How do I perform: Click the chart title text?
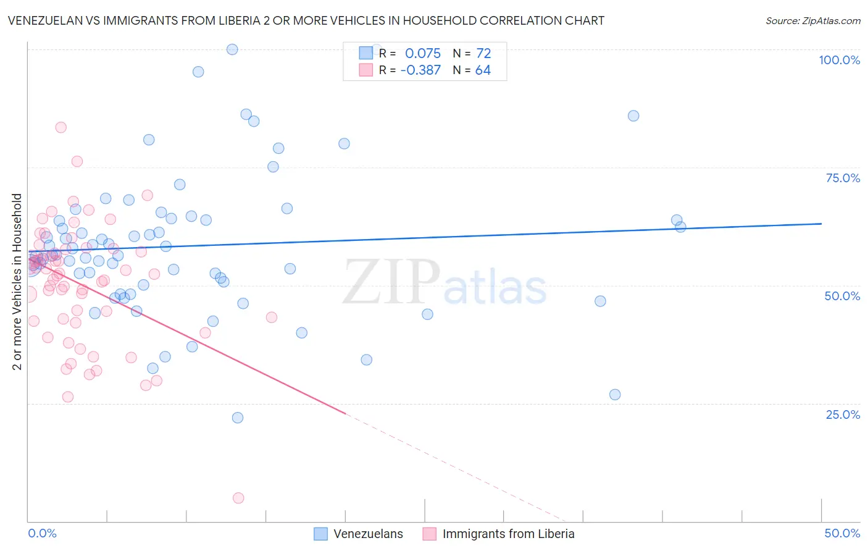306,20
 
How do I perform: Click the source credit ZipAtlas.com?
812,20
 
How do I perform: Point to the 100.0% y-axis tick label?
839,60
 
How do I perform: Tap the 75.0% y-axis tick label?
843,178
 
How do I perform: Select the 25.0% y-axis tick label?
843,414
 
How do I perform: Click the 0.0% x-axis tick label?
42,533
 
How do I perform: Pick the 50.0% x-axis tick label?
842,533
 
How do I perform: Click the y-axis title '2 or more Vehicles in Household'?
17,282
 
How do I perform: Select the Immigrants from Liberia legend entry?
499,534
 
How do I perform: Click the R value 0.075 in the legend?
422,53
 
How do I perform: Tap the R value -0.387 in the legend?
420,70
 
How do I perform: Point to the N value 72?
483,53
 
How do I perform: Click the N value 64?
483,70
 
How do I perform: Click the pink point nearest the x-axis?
238,498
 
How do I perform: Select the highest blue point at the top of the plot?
232,49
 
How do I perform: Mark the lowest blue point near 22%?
238,418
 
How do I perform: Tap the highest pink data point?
61,127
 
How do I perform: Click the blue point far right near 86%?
633,116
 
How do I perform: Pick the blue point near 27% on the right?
615,395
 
